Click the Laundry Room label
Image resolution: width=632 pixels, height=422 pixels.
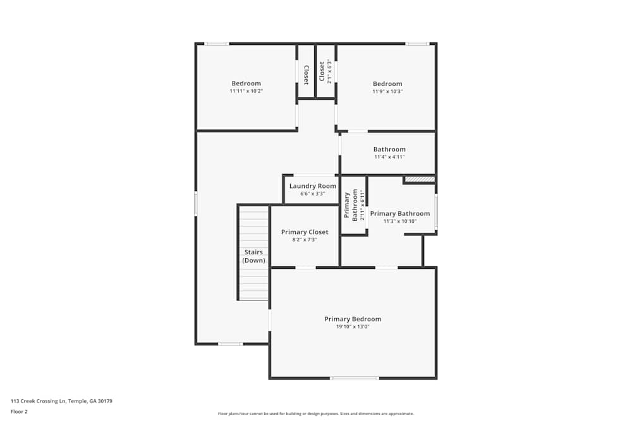pyautogui.click(x=313, y=186)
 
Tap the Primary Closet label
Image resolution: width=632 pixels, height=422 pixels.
pyautogui.click(x=304, y=232)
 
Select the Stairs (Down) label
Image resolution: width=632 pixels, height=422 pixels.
pyautogui.click(x=254, y=256)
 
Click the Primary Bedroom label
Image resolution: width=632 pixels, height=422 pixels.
pyautogui.click(x=353, y=319)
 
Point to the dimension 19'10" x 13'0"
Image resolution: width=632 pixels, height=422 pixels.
pyautogui.click(x=353, y=327)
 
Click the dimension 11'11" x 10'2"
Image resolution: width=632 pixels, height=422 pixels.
pyautogui.click(x=246, y=91)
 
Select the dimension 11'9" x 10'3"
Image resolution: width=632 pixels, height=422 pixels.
pyautogui.click(x=387, y=91)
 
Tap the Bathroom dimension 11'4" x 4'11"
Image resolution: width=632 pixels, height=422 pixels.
pyautogui.click(x=389, y=157)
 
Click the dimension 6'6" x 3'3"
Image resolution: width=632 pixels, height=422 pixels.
pyautogui.click(x=313, y=194)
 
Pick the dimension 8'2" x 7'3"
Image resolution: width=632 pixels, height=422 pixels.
pyautogui.click(x=304, y=240)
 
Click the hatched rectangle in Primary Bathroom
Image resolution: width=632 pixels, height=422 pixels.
pyautogui.click(x=420, y=180)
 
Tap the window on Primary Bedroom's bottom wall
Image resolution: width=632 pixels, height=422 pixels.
pyautogui.click(x=355, y=378)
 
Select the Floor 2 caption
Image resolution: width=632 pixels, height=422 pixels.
pyautogui.click(x=19, y=411)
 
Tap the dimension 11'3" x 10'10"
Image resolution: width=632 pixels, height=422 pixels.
pyautogui.click(x=399, y=221)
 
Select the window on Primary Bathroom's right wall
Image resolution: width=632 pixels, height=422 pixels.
pyautogui.click(x=435, y=213)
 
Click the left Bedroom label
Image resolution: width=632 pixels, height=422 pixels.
pyautogui.click(x=246, y=84)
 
